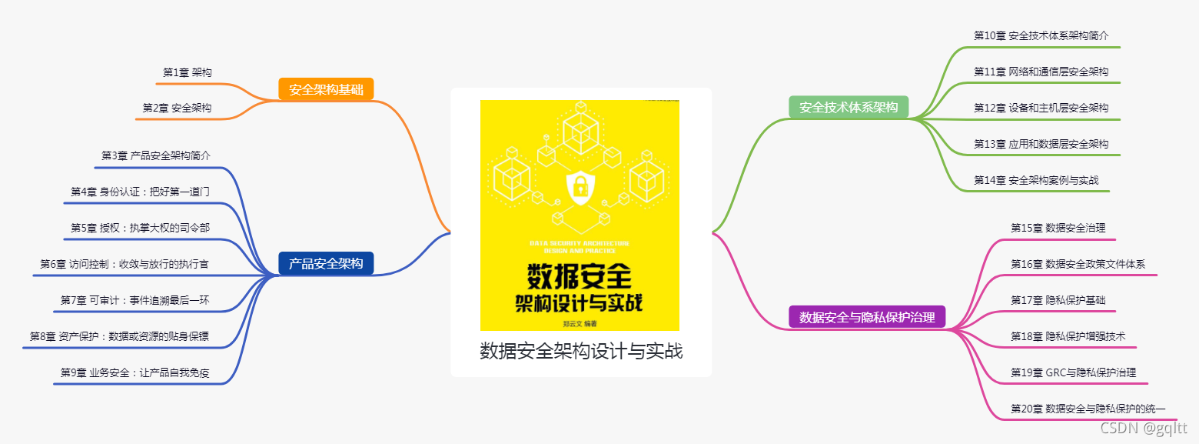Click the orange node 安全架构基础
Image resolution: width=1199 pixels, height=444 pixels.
pyautogui.click(x=326, y=89)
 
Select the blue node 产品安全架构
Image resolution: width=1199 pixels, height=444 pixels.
pyautogui.click(x=326, y=263)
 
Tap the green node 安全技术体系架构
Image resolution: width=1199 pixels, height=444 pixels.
pyautogui.click(x=849, y=107)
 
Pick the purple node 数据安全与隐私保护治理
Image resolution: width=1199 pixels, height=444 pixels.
pyautogui.click(x=867, y=316)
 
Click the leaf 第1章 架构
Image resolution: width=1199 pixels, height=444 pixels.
pyautogui.click(x=188, y=72)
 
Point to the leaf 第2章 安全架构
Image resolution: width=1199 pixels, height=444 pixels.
pyautogui.click(x=177, y=108)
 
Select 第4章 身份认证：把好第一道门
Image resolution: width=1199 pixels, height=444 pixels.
pyautogui.click(x=140, y=192)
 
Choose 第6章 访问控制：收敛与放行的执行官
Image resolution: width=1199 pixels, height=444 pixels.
pyautogui.click(x=125, y=264)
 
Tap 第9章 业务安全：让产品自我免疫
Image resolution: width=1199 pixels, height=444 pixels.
pyautogui.click(x=135, y=373)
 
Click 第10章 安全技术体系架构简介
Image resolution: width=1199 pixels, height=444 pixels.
pyautogui.click(x=1041, y=35)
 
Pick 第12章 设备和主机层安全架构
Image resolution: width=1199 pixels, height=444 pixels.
pyautogui.click(x=1041, y=108)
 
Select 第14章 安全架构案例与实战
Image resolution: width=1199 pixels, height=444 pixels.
pyautogui.click(x=1036, y=180)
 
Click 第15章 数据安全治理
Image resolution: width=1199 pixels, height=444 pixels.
pyautogui.click(x=1058, y=228)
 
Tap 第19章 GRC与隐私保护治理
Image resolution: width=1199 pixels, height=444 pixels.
pyautogui.click(x=1073, y=372)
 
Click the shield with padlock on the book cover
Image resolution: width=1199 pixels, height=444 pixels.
pyautogui.click(x=580, y=186)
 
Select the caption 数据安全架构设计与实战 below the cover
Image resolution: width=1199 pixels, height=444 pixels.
pyautogui.click(x=581, y=352)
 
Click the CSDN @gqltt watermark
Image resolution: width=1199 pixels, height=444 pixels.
pyautogui.click(x=1144, y=428)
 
